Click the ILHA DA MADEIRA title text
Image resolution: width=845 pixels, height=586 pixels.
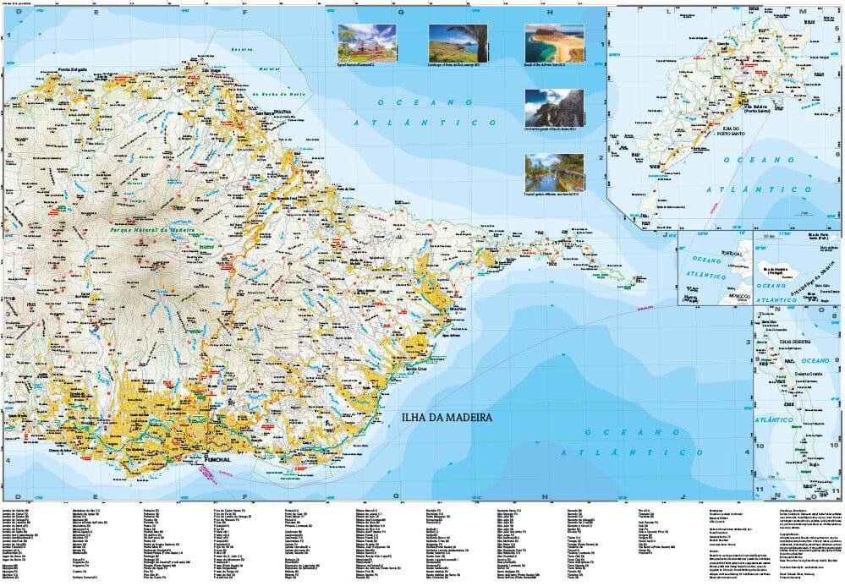tap(447, 418)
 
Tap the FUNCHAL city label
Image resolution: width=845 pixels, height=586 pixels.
tap(218, 460)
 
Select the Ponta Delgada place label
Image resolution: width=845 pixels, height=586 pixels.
tap(74, 69)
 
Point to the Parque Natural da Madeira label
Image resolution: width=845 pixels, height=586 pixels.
tap(152, 229)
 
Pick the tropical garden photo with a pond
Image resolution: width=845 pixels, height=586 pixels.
tap(554, 172)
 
